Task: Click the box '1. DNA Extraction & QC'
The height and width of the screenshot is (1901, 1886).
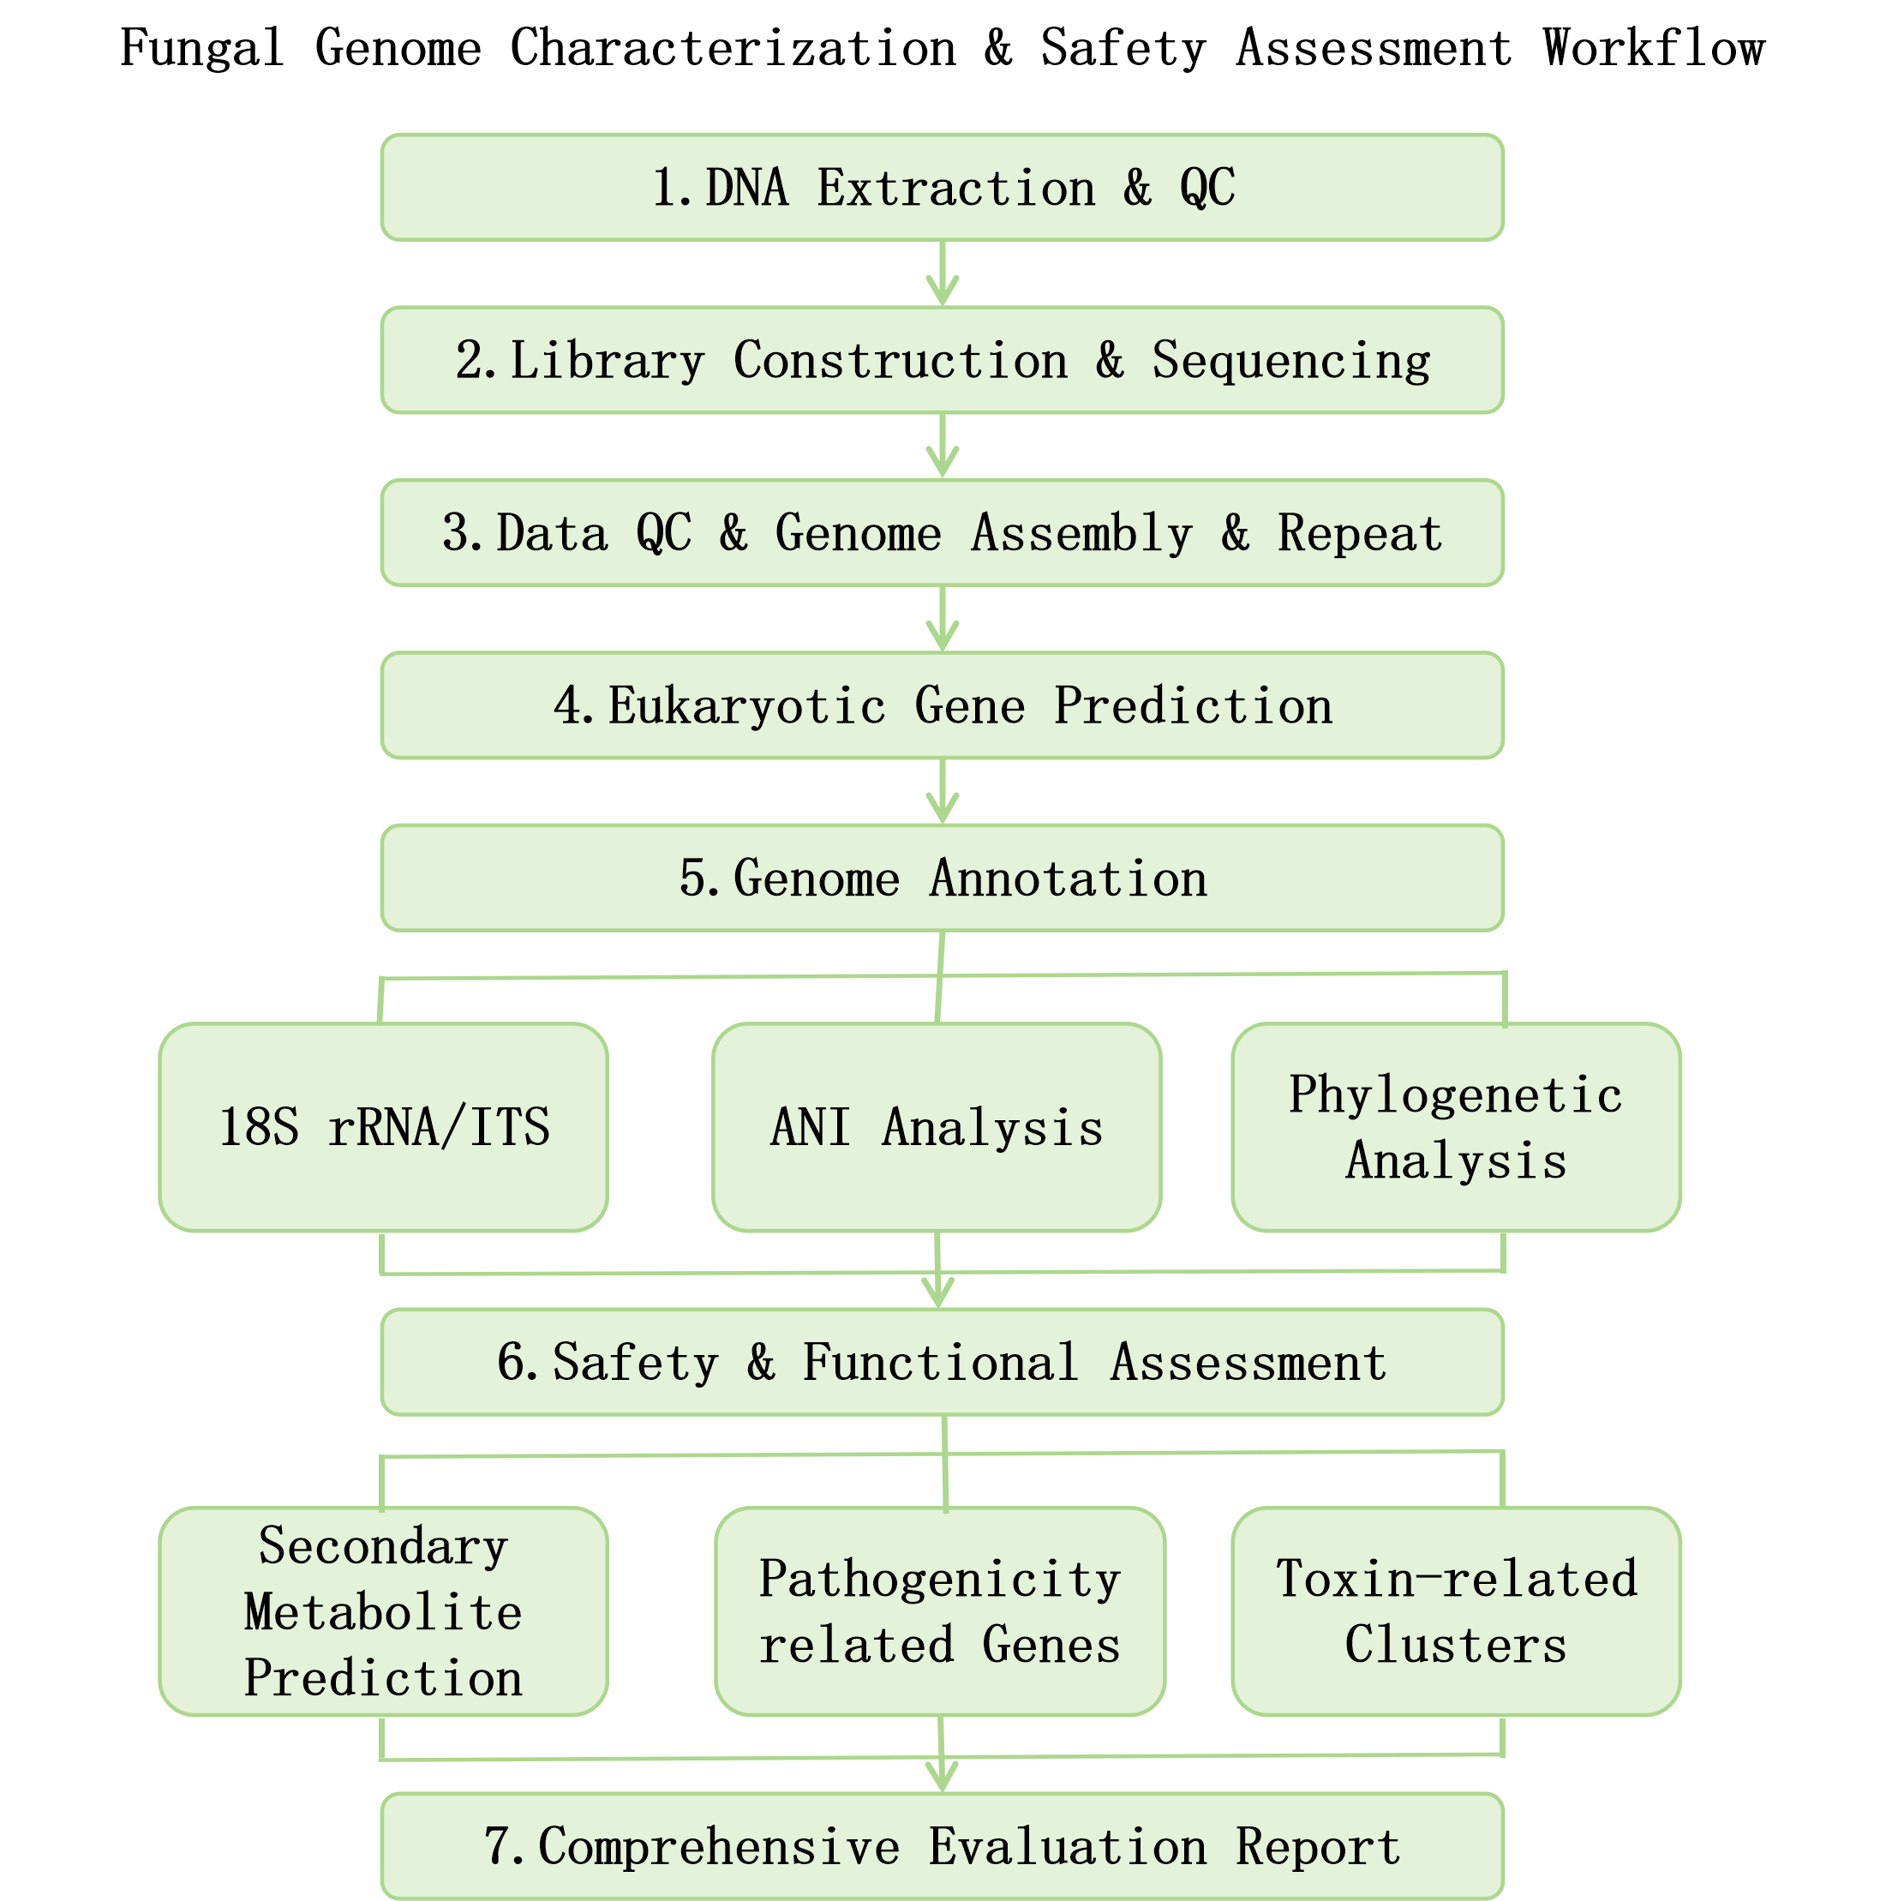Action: (942, 187)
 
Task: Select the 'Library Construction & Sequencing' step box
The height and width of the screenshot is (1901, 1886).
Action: (942, 360)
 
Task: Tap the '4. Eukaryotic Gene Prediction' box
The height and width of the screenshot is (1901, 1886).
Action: (942, 705)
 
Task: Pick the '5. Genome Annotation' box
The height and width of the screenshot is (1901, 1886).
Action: (942, 878)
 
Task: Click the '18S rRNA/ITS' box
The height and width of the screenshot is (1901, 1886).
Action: (383, 1126)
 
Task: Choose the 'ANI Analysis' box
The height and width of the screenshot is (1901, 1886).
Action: (937, 1126)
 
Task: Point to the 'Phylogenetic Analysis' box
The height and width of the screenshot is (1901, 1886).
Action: (1456, 1126)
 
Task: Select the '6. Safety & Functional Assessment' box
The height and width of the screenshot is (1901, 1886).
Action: (942, 1362)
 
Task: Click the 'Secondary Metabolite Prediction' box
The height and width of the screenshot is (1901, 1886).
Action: (383, 1610)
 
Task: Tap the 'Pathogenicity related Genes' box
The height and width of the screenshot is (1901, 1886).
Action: (939, 1610)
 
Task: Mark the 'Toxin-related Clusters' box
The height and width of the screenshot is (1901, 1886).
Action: (1456, 1610)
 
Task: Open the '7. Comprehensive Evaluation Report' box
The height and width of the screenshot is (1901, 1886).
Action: (942, 1846)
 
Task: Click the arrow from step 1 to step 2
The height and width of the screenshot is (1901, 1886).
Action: (943, 273)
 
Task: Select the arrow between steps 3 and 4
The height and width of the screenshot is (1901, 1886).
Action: (943, 619)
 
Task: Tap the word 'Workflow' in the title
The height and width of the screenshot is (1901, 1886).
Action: (1654, 47)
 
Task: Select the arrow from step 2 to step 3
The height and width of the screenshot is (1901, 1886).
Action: (943, 446)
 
